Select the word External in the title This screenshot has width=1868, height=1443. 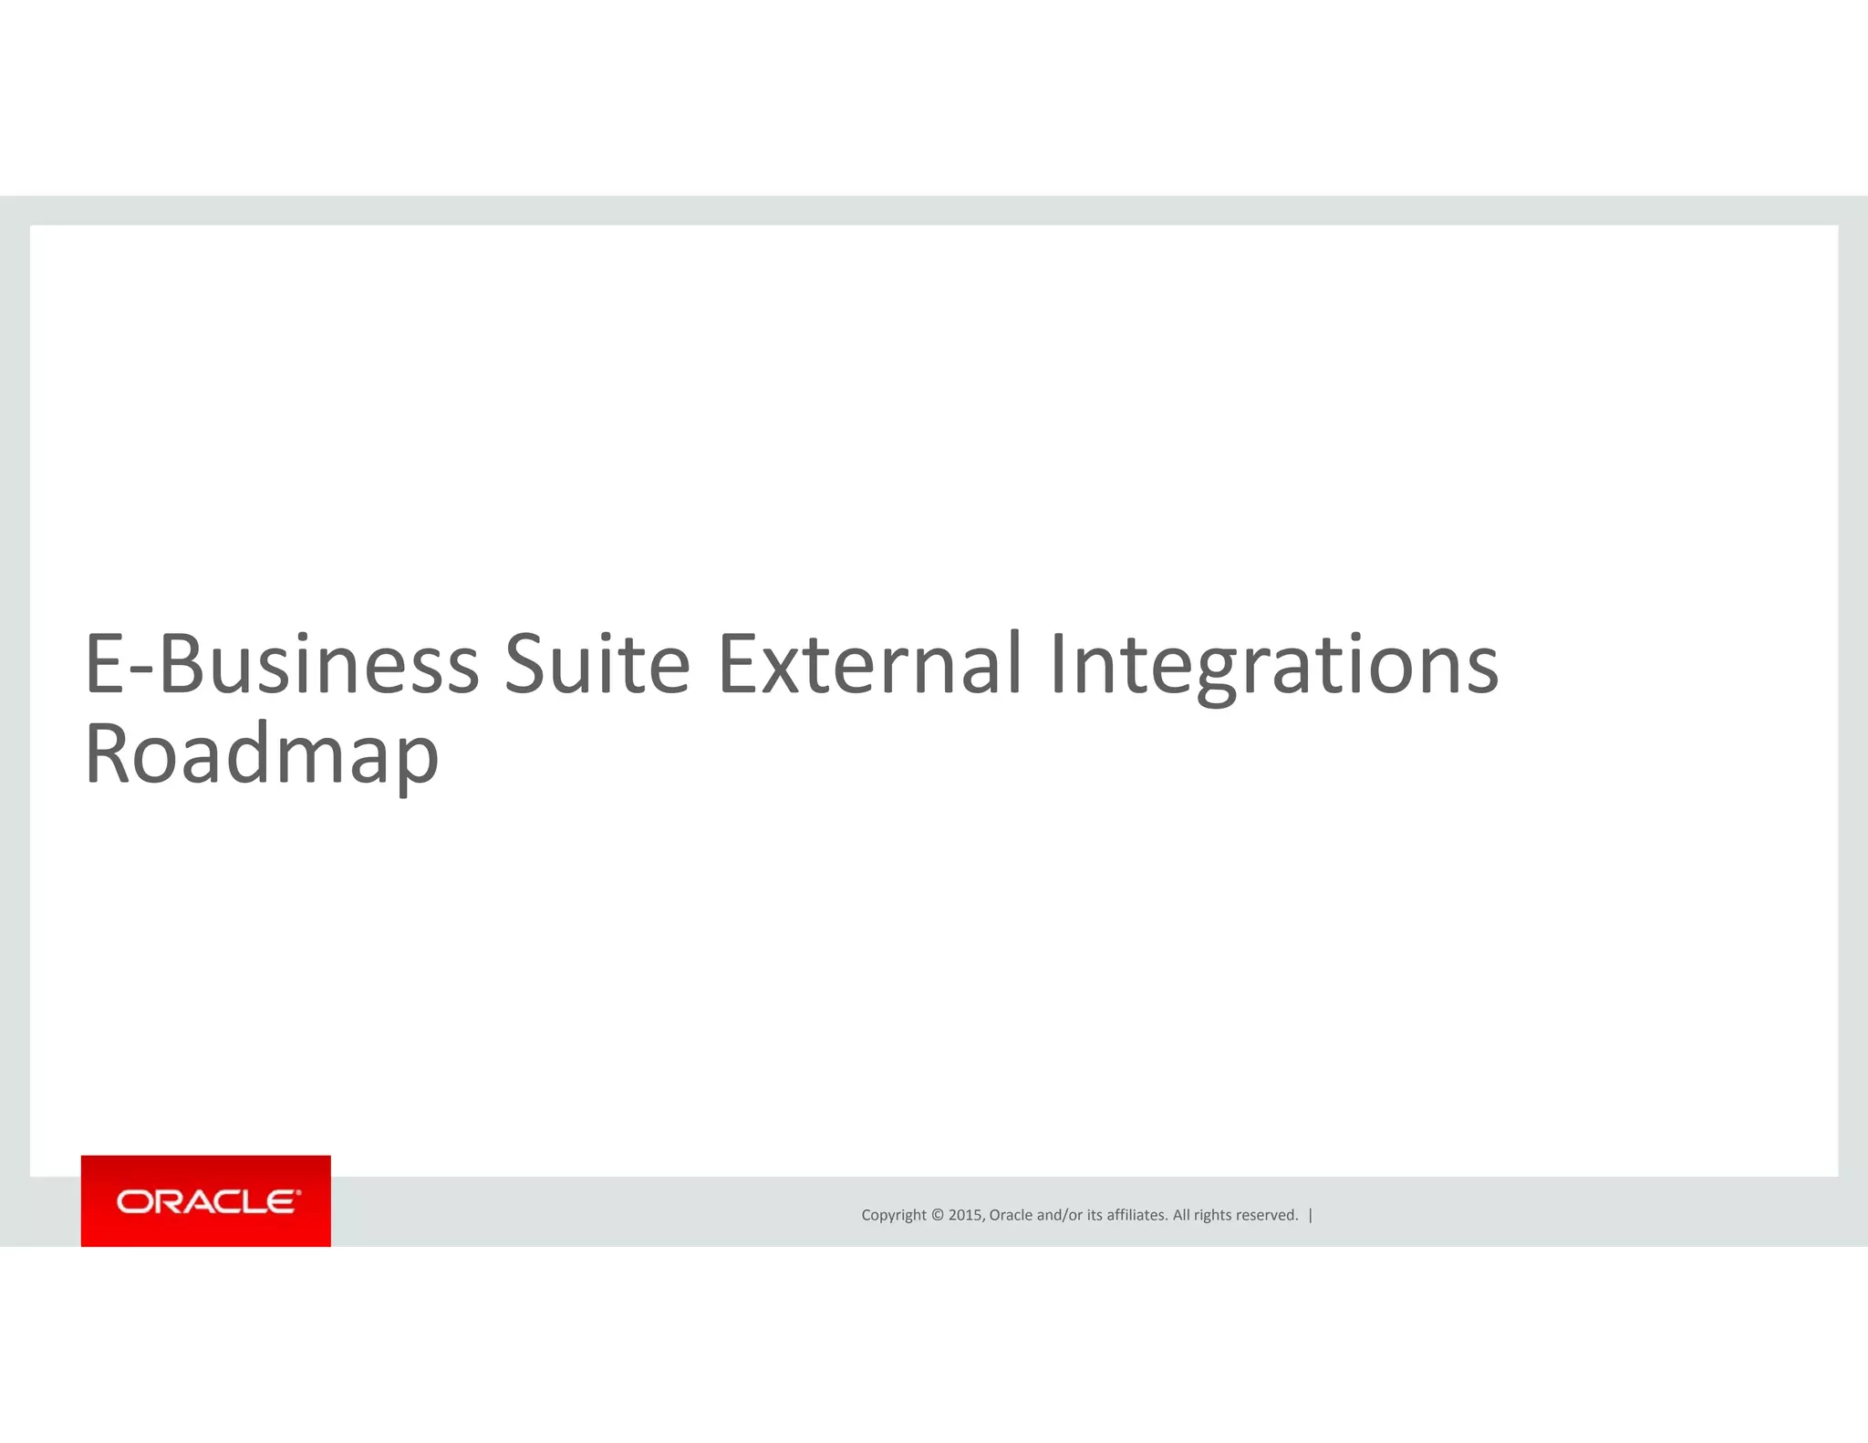pos(869,664)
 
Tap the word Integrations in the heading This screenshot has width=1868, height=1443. pos(1273,664)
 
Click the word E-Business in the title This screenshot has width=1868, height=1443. pos(282,664)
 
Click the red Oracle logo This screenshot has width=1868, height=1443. pos(206,1200)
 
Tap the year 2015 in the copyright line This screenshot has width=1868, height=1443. pos(965,1215)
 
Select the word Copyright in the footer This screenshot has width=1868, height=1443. pos(894,1215)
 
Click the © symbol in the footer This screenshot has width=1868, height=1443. pos(937,1215)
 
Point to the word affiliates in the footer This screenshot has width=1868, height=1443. pos(1136,1215)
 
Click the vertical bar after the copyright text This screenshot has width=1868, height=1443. pos(1311,1215)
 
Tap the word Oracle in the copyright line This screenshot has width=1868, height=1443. pos(1011,1215)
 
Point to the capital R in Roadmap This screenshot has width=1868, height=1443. pos(107,753)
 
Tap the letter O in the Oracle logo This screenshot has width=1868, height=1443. pos(133,1202)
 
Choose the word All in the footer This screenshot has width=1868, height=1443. pos(1181,1215)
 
